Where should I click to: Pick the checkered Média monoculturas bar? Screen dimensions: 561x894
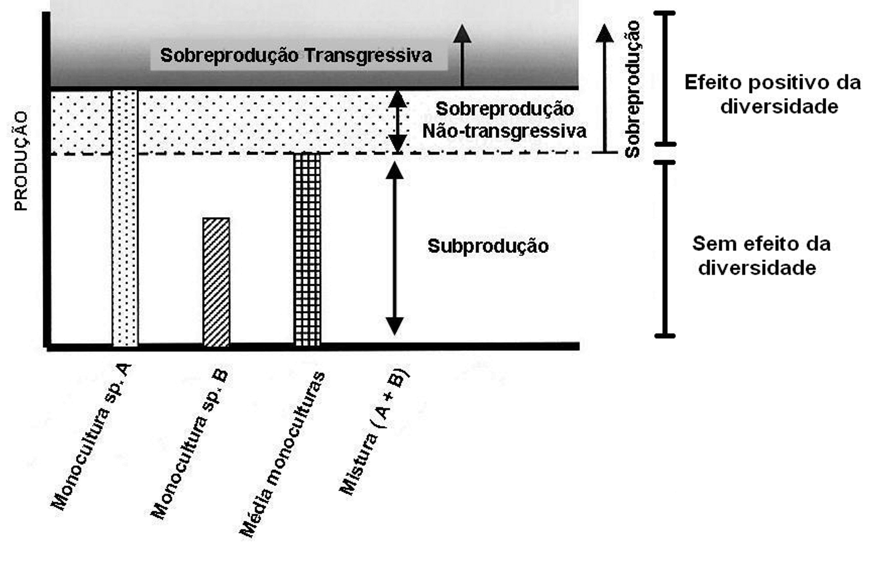(x=307, y=249)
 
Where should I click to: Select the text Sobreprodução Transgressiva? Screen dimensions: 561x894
(x=296, y=56)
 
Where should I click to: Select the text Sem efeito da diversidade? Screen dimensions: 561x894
(x=760, y=256)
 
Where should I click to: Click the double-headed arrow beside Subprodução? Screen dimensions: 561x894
(x=394, y=249)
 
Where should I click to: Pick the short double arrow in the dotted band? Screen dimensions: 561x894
(x=397, y=122)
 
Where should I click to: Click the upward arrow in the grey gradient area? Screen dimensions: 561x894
(x=462, y=56)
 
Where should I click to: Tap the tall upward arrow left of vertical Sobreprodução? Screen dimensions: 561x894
(x=604, y=89)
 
